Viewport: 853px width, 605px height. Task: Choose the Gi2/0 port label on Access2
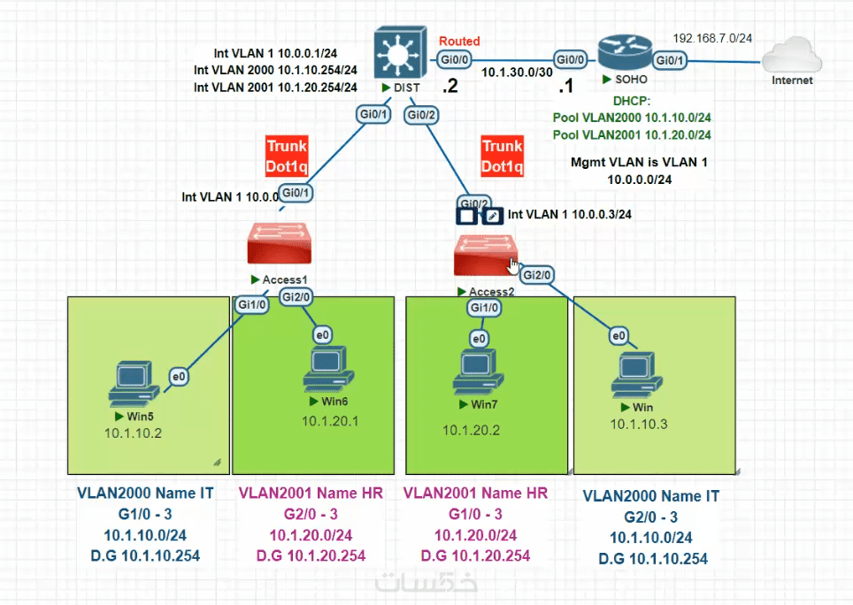click(537, 276)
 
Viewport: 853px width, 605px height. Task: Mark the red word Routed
click(460, 41)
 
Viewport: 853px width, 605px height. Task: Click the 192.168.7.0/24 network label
click(712, 38)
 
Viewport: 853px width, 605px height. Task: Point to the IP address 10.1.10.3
click(639, 425)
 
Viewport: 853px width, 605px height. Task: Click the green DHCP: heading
click(632, 101)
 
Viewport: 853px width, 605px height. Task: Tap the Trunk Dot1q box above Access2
click(503, 156)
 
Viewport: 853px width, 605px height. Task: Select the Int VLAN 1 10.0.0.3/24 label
click(570, 214)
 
